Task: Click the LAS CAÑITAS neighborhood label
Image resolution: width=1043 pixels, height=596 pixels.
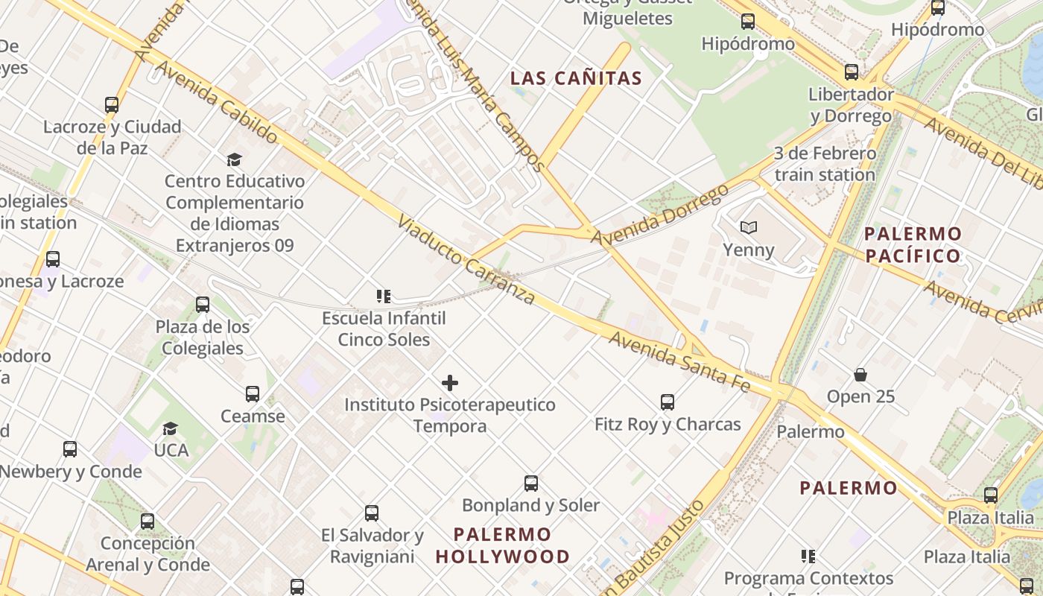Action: [576, 78]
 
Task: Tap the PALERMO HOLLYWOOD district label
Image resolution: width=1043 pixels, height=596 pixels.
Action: [503, 545]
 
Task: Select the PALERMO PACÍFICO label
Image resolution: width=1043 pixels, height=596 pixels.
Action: [913, 245]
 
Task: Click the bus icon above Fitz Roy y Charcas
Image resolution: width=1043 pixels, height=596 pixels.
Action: [668, 402]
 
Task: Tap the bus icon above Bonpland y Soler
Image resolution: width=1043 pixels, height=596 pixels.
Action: [530, 484]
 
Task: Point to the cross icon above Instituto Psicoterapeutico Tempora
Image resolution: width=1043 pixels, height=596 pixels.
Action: [450, 383]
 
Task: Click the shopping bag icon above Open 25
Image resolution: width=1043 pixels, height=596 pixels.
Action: [860, 374]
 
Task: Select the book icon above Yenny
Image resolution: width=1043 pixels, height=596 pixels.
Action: [748, 227]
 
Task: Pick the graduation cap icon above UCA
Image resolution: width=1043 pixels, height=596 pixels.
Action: [171, 428]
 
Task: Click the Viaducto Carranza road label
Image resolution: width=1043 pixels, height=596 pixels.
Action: [466, 260]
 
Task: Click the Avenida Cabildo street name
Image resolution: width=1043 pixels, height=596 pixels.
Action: [216, 102]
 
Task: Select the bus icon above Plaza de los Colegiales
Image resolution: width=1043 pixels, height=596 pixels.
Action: [203, 305]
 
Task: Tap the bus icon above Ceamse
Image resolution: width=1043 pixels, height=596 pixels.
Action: [253, 394]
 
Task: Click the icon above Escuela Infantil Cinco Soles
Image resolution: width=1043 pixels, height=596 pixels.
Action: [384, 297]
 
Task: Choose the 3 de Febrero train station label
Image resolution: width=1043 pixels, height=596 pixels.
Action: [825, 164]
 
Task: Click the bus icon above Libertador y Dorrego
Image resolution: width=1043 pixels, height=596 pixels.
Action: [851, 72]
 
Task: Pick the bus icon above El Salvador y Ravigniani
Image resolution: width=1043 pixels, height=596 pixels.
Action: [372, 513]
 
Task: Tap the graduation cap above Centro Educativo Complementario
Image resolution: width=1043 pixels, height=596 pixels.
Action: [235, 159]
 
